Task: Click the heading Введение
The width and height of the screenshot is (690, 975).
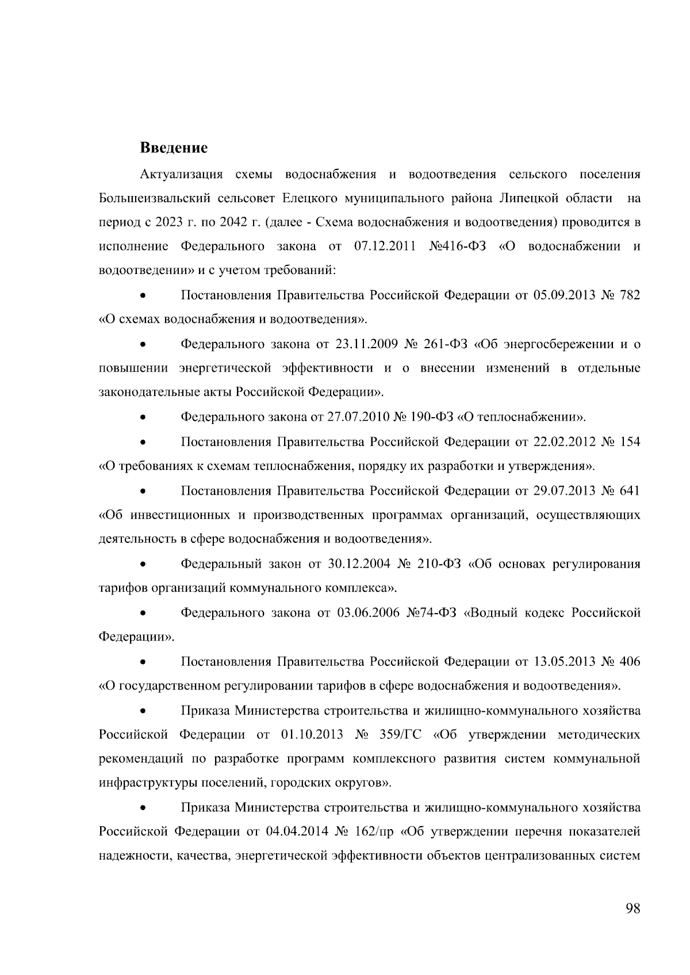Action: (x=174, y=148)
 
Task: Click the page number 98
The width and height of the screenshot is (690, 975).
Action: (x=632, y=908)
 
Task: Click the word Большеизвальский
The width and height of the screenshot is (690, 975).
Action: (x=155, y=198)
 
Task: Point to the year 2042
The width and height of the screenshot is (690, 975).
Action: (x=226, y=222)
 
